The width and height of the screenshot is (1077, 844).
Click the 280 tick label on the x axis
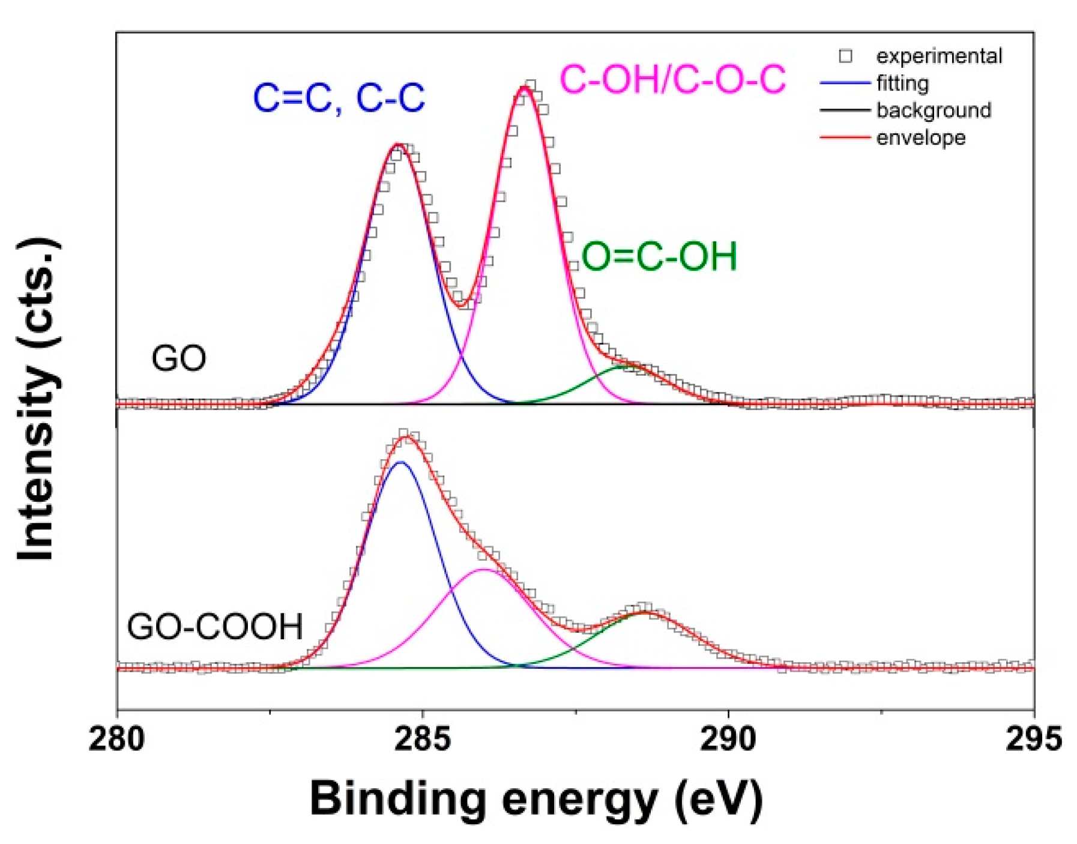tap(116, 740)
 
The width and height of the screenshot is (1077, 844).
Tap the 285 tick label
tap(423, 740)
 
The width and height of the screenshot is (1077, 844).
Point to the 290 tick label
tap(728, 740)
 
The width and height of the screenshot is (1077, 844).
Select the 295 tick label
tap(1033, 740)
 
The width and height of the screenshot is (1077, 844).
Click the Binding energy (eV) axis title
tap(536, 799)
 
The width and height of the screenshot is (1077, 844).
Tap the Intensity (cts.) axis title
tap(37, 399)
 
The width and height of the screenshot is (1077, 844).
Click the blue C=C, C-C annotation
tap(339, 98)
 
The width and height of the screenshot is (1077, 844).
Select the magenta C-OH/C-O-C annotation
tap(672, 80)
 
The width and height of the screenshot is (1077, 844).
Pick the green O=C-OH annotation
tap(659, 256)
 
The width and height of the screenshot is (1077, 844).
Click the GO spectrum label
tap(178, 359)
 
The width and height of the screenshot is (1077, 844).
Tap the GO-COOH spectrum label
tap(214, 627)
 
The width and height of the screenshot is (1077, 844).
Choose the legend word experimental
tap(938, 56)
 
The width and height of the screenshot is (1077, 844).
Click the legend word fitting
tap(902, 83)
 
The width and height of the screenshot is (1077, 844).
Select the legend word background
tap(934, 110)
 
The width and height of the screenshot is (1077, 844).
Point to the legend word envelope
tap(920, 137)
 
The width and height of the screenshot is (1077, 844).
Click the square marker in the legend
tap(845, 56)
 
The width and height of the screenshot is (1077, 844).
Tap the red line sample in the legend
tap(845, 137)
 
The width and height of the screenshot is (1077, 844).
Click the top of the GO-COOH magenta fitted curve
tap(484, 569)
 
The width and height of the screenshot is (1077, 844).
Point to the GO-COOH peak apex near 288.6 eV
tap(644, 612)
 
